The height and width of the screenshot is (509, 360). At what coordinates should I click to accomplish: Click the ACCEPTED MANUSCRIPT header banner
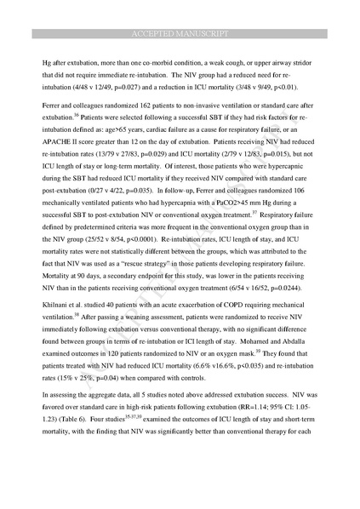tap(180, 34)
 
